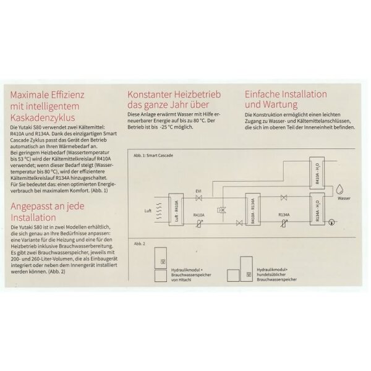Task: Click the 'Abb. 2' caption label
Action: point(139,244)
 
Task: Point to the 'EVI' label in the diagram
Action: point(198,191)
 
